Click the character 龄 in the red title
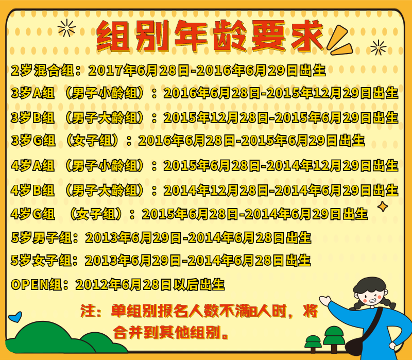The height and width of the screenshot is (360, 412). (x=230, y=36)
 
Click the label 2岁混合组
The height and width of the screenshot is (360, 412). (x=43, y=71)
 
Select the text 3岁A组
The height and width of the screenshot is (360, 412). (x=33, y=93)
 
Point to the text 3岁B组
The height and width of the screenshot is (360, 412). (x=33, y=117)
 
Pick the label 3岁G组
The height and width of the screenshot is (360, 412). (x=33, y=140)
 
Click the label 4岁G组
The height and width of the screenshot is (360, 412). (x=33, y=214)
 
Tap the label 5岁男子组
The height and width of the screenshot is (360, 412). (x=42, y=238)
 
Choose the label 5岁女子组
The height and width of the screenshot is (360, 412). (x=42, y=261)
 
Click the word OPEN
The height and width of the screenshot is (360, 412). (x=29, y=285)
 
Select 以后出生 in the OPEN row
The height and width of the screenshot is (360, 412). (x=199, y=285)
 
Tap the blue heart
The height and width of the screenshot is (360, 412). (x=15, y=317)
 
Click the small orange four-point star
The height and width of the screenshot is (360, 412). (x=383, y=207)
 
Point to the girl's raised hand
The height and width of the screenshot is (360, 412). (x=325, y=300)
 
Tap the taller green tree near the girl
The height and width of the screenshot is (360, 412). (x=334, y=339)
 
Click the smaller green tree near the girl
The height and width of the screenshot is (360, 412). (x=313, y=344)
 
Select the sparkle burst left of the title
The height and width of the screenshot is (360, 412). (x=67, y=28)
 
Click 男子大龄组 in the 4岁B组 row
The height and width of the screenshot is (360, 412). (x=105, y=190)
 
